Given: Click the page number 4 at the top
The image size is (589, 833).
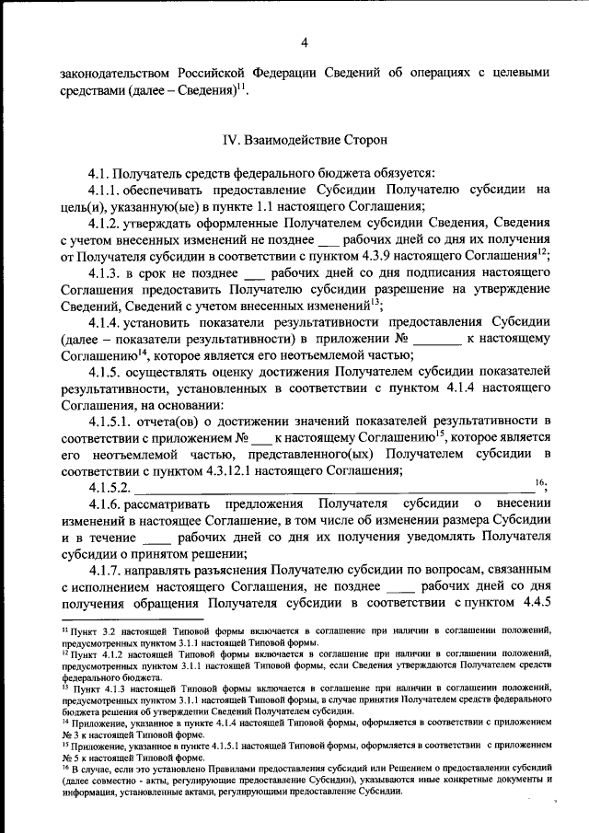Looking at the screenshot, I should pos(303,40).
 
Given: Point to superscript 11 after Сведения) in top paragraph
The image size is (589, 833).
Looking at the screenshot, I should pos(239,87).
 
